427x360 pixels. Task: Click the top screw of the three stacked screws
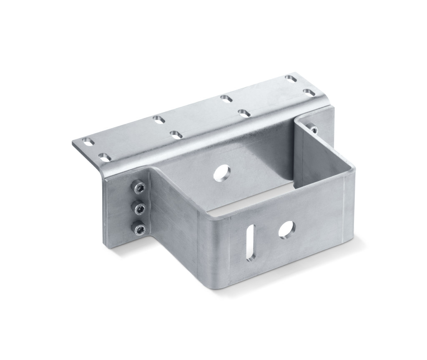click(138, 187)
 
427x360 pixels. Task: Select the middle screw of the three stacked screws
click(138, 207)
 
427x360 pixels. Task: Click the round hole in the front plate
click(286, 228)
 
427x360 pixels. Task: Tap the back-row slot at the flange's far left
click(88, 142)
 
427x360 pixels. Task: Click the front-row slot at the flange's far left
click(105, 157)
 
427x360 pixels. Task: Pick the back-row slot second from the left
click(158, 119)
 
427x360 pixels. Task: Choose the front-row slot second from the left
click(176, 134)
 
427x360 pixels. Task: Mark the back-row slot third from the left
click(226, 98)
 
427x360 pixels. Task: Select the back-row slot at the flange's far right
click(290, 78)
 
